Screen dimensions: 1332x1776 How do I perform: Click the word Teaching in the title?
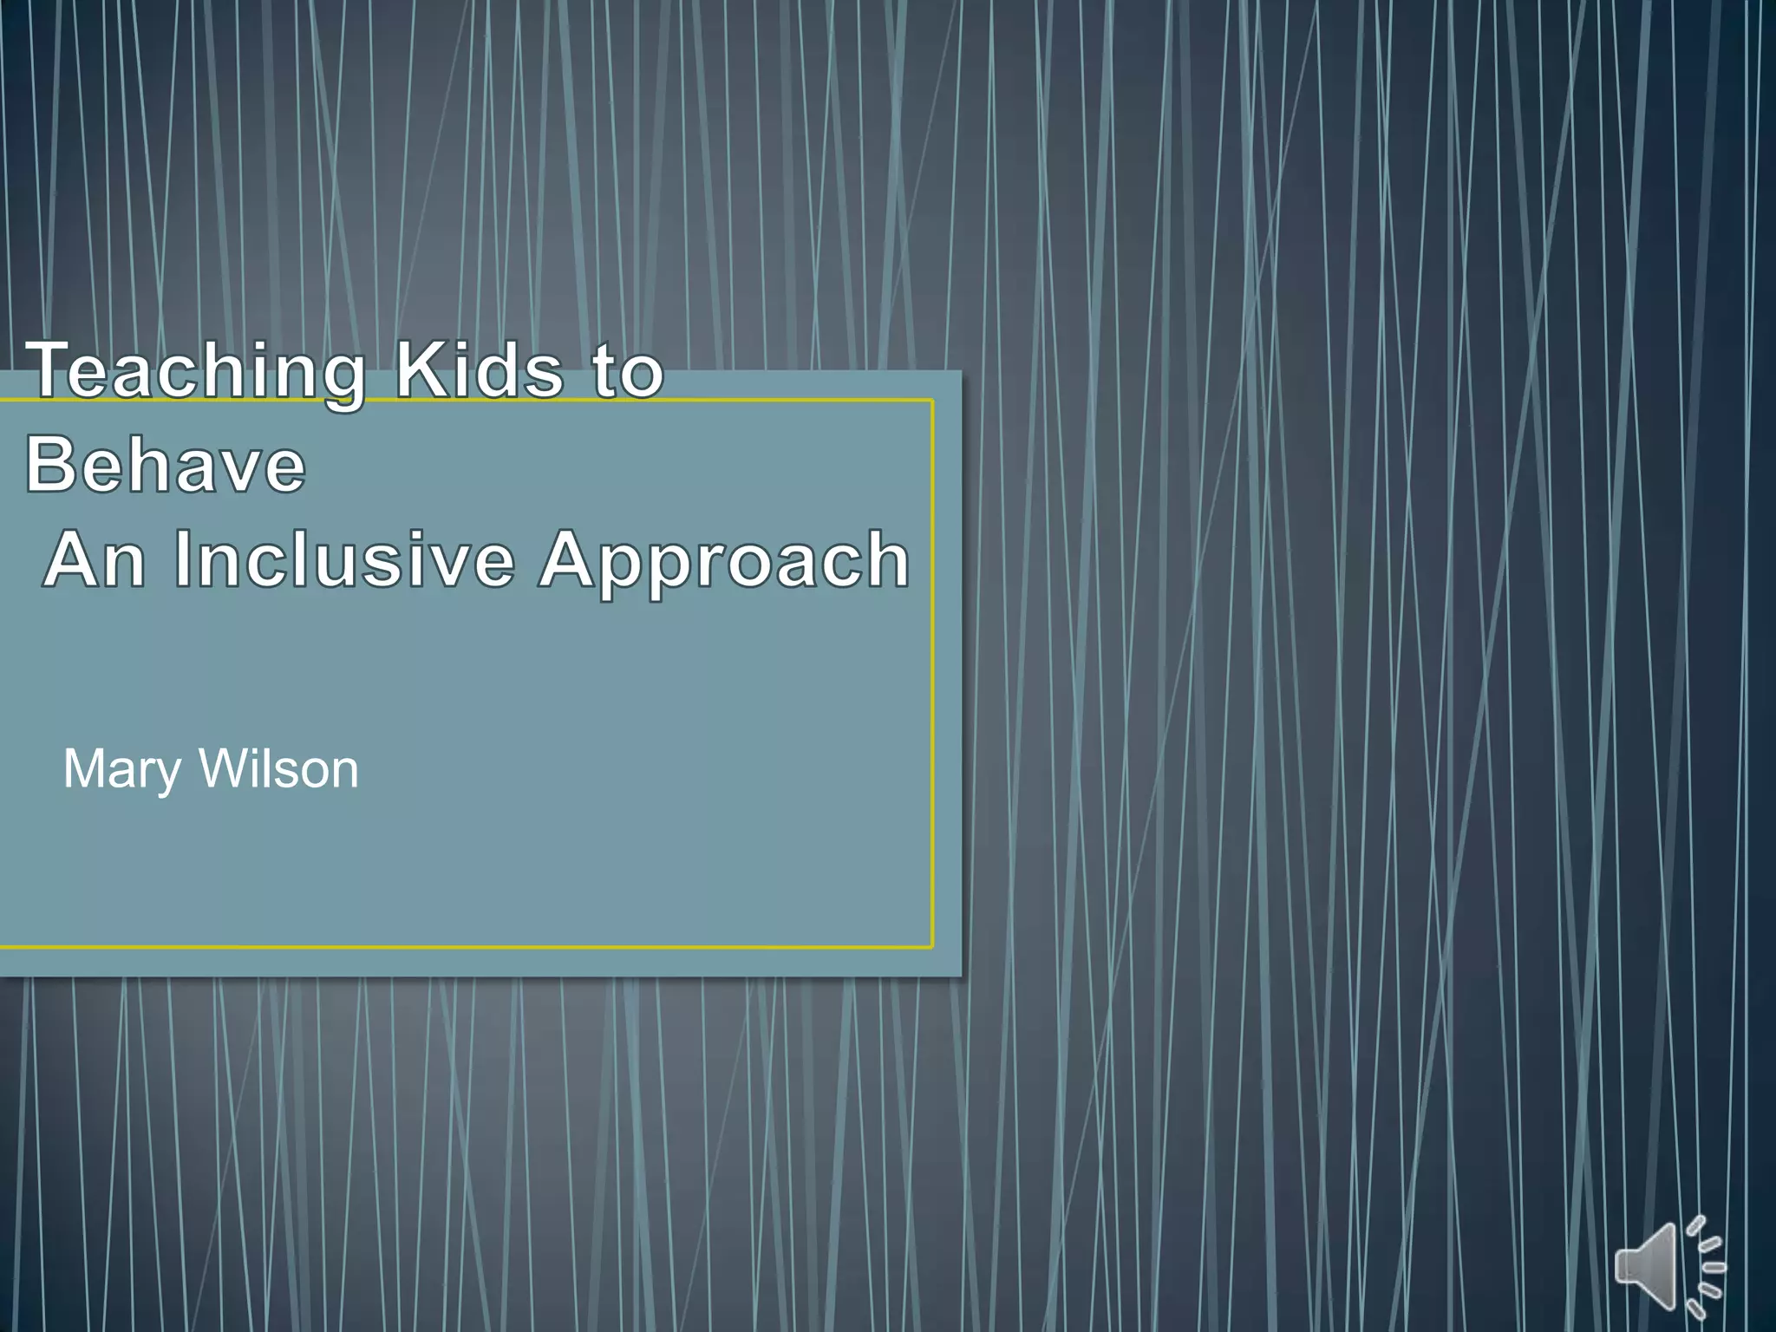(195, 371)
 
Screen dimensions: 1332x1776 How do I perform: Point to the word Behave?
(166, 465)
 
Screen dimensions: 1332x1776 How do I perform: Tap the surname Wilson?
(279, 768)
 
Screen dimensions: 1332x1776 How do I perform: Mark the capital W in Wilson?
(223, 768)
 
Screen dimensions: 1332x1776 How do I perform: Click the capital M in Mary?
(84, 768)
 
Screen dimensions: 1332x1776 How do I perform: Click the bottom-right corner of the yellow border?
(932, 947)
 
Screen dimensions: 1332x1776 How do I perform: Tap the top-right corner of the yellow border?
(932, 401)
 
